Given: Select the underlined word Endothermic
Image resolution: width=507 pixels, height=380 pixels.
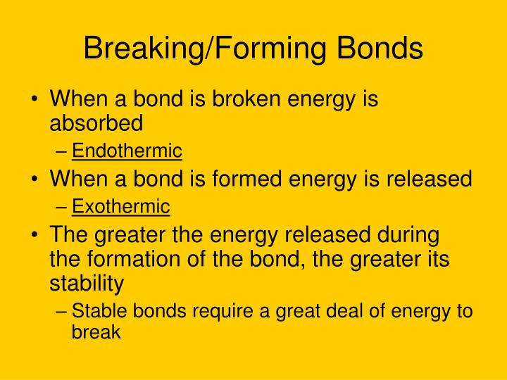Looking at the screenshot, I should point(127,151).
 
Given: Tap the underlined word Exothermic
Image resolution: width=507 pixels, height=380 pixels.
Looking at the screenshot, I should point(121,207).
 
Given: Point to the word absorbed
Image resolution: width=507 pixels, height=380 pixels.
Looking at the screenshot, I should point(96,123).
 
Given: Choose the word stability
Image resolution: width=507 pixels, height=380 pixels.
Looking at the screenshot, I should point(87,284).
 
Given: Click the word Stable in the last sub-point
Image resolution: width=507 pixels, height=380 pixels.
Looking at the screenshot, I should point(93,311).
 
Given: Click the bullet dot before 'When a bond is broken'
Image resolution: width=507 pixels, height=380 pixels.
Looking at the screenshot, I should point(35,100).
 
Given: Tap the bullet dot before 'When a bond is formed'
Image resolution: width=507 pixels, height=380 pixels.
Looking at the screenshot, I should point(35,179).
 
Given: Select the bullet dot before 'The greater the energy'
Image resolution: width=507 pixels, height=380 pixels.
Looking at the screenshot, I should point(35,235).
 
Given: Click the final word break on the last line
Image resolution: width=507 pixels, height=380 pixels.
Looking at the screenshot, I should point(96,332).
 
